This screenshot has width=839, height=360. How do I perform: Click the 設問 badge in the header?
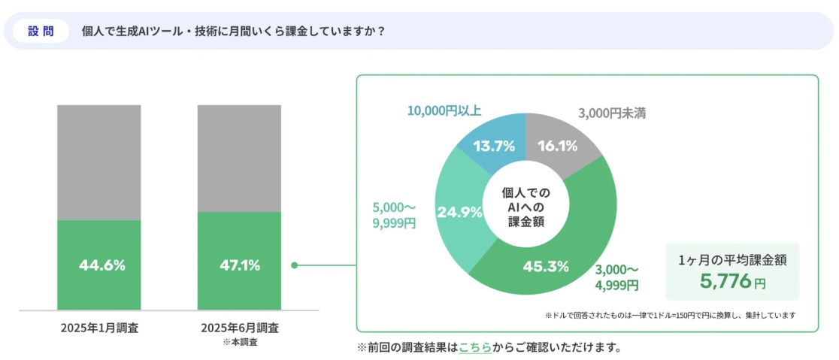coord(41,32)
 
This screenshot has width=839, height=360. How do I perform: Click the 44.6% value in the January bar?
coord(101,265)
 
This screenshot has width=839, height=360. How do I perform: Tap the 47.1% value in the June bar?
coord(241,265)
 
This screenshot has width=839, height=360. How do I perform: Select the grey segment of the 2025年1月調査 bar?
coord(98,162)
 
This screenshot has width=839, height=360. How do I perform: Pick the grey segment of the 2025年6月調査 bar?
coord(239,158)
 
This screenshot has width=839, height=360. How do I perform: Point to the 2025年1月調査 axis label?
coord(99,328)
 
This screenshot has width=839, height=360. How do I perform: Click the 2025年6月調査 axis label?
coord(240,328)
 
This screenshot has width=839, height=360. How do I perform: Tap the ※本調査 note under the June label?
coord(240,342)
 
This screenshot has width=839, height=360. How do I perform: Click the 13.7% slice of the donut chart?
coord(493,146)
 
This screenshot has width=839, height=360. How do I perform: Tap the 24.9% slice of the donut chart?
coord(459,212)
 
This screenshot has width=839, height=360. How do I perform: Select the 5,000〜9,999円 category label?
coord(393,215)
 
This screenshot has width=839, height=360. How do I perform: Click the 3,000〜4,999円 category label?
coord(616,277)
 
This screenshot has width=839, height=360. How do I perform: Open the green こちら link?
coord(475,347)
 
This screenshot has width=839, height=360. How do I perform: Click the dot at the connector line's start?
coord(295,265)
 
